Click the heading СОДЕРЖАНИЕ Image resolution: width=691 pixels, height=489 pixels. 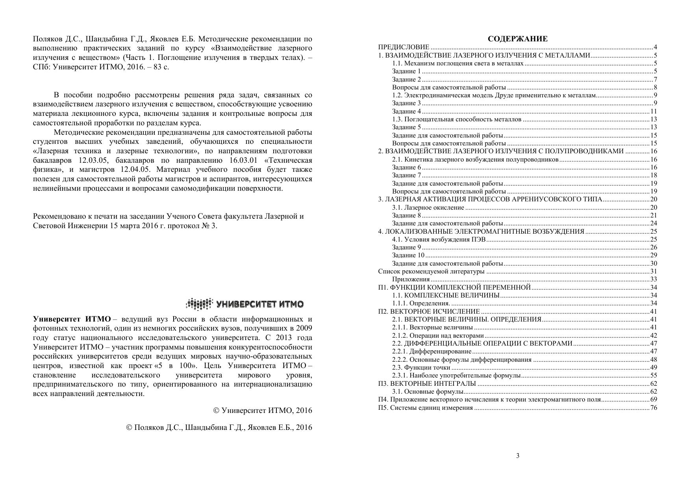point(517,39)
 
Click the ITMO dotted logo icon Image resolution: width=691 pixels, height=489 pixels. point(199,304)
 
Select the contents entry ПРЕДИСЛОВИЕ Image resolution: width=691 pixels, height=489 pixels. point(404,47)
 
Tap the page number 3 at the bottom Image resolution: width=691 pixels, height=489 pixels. point(518,456)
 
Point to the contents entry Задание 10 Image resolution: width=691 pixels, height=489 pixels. point(408,255)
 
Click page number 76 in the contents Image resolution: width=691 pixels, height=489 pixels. point(654,408)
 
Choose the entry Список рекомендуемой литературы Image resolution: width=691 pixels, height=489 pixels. point(431,271)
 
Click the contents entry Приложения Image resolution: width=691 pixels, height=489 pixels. point(411,279)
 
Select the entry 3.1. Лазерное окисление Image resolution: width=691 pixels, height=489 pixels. point(428,208)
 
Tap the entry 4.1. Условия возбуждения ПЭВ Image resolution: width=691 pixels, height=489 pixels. point(439,240)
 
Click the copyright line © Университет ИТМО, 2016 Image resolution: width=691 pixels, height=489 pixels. point(263,411)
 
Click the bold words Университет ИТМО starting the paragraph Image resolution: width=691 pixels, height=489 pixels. point(72,319)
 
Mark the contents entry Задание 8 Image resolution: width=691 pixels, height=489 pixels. point(406,216)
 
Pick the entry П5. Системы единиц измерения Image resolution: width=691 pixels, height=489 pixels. point(425,408)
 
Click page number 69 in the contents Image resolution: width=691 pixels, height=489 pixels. point(654,400)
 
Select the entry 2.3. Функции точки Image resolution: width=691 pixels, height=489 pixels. point(421,368)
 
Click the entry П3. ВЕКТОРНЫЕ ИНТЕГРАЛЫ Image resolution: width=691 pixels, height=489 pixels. point(427,384)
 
